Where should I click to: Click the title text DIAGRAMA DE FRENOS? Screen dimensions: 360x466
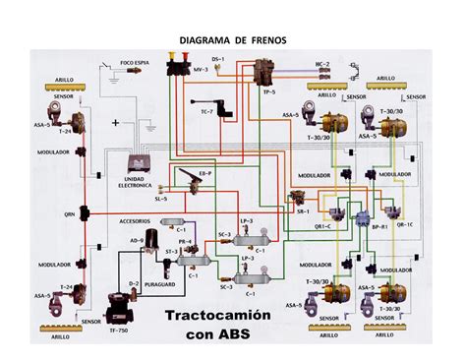pos(232,42)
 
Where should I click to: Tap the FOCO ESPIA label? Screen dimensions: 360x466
pos(134,62)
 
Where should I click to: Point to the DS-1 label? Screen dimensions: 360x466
pos(217,60)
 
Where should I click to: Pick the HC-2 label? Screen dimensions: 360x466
pos(320,64)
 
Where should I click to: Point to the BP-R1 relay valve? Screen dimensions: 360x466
pos(365,214)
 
